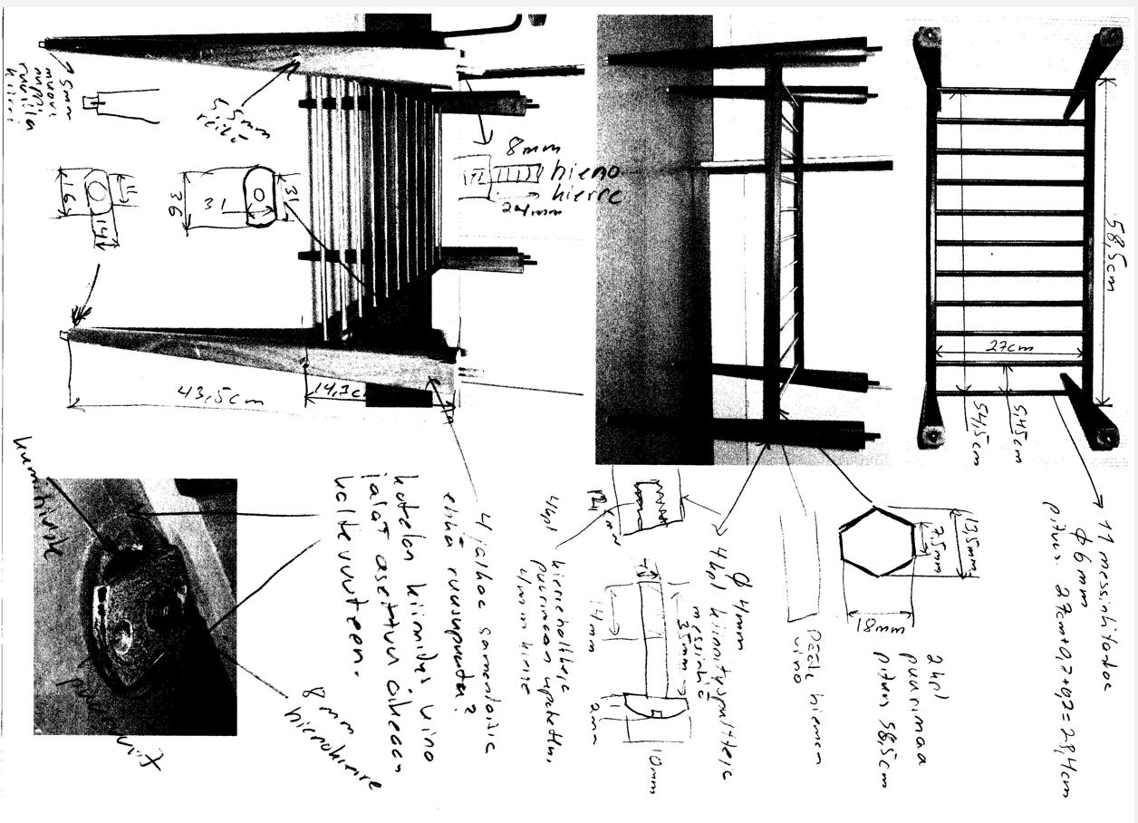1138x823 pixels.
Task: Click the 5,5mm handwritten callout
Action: pos(223,116)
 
